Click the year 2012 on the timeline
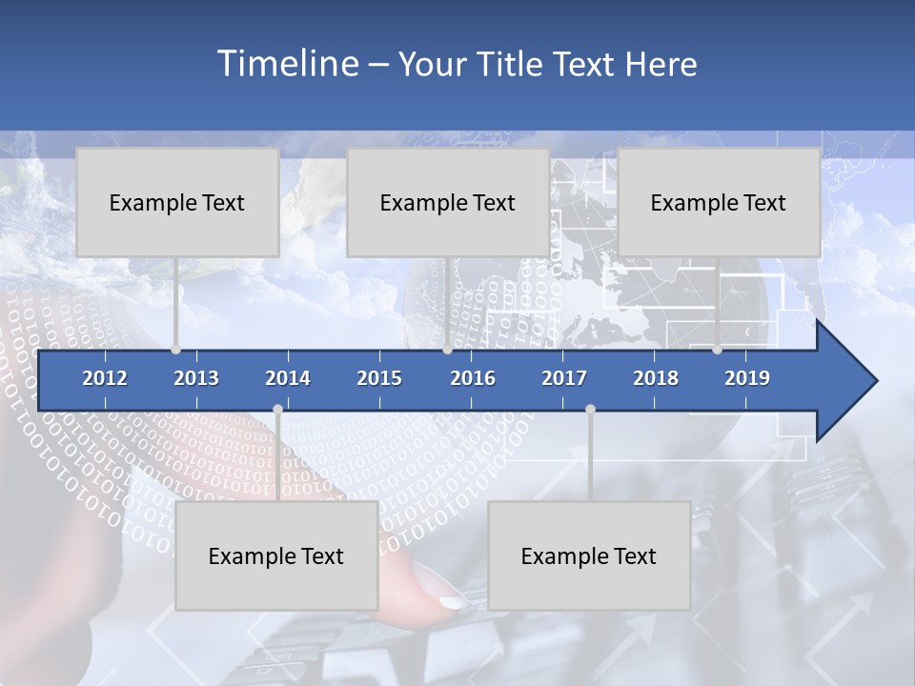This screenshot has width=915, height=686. click(x=105, y=378)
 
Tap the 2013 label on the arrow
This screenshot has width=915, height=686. click(x=196, y=378)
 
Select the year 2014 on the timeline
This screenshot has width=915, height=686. click(x=288, y=378)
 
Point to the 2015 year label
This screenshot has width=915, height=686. click(x=379, y=378)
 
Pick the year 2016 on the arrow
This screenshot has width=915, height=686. click(x=473, y=378)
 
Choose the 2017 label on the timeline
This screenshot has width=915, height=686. click(x=564, y=378)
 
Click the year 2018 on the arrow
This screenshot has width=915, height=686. click(x=656, y=378)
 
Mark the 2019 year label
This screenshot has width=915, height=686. click(x=747, y=378)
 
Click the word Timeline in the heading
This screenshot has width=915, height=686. click(x=286, y=64)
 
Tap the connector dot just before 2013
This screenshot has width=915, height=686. click(x=175, y=350)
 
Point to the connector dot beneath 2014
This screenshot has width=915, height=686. click(x=277, y=410)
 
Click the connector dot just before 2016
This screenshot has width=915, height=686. click(x=447, y=350)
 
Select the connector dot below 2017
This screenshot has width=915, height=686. click(x=590, y=410)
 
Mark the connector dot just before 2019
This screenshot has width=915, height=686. click(x=717, y=350)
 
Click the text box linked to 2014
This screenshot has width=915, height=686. click(x=276, y=555)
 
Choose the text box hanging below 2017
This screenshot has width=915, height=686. click(x=589, y=555)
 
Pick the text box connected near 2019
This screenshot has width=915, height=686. click(x=719, y=202)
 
